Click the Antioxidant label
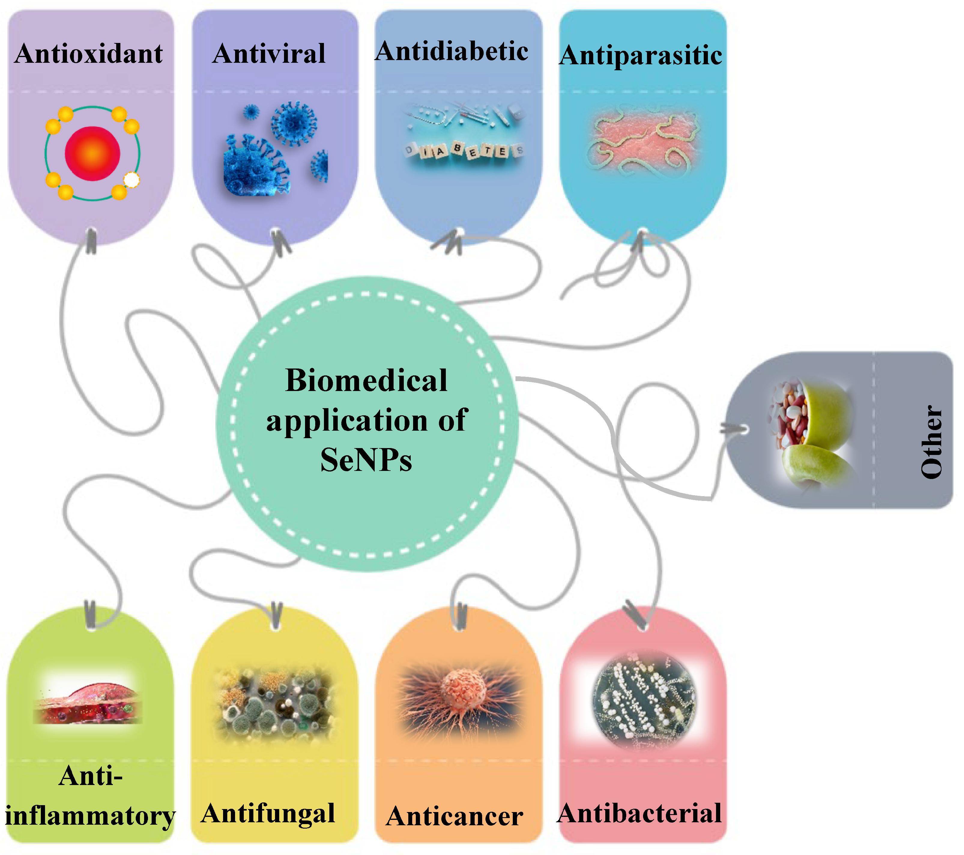(89, 54)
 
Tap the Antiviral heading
(269, 54)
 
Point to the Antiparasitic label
(640, 56)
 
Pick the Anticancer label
(454, 816)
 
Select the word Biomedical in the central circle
(366, 380)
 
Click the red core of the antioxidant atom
(92, 153)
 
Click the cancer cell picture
(460, 697)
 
